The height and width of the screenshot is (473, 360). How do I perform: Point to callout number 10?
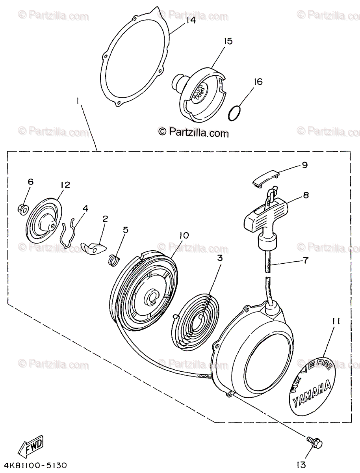pos(184,235)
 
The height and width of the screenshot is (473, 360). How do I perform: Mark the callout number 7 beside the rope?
pos(306,261)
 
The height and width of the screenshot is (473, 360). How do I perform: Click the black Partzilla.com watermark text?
pos(193,133)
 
